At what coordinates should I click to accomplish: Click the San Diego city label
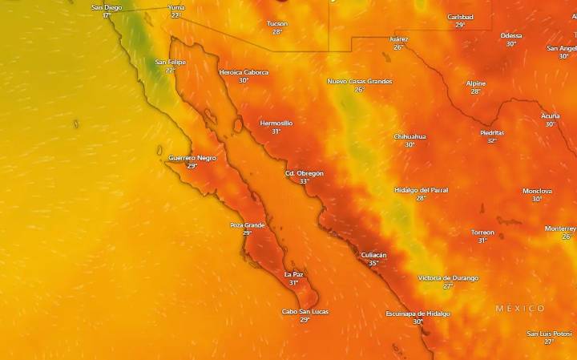[107, 7]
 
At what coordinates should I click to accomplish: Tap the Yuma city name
[176, 7]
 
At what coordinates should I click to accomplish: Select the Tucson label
[277, 23]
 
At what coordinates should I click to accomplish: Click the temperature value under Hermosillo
[276, 131]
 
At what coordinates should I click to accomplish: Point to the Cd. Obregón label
[305, 173]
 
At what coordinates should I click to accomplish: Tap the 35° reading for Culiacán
[373, 263]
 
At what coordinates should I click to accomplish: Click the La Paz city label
[294, 274]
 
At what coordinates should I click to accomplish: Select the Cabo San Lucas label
[305, 311]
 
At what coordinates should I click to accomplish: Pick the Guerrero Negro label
[192, 158]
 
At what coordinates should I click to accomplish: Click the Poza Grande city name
[248, 224]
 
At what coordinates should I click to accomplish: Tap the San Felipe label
[171, 62]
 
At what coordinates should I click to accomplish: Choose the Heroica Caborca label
[244, 72]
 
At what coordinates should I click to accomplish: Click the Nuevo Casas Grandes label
[360, 81]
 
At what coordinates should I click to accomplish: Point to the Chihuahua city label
[410, 136]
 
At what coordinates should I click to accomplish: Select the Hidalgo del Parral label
[422, 190]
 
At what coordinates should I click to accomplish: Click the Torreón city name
[482, 233]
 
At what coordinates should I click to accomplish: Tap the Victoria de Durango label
[448, 277]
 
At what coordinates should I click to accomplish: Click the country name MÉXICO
[519, 309]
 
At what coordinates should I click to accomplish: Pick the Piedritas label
[492, 132]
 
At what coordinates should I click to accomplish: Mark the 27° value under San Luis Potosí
[549, 342]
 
